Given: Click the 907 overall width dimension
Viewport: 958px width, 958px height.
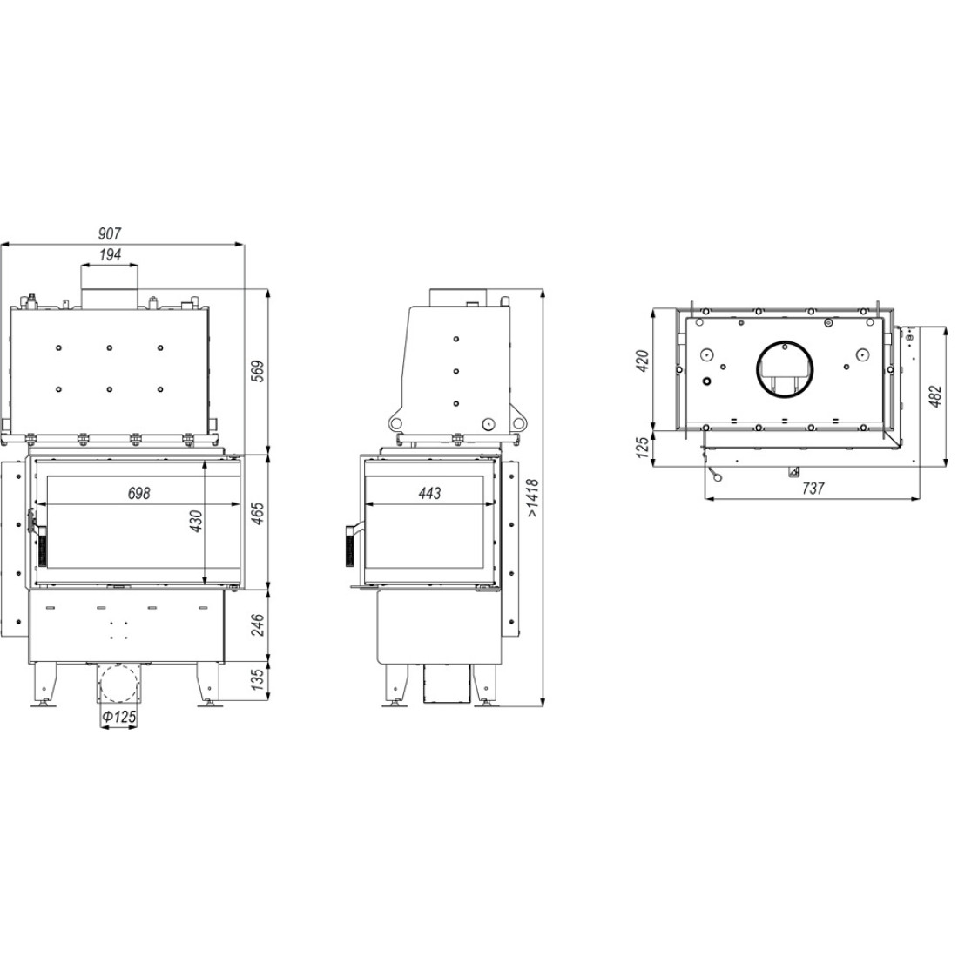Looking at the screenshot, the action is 110,233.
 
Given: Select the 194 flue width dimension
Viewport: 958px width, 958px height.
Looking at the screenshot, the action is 110,255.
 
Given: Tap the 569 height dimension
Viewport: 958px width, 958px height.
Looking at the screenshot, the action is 259,372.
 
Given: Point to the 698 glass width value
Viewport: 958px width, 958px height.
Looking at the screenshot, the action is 138,493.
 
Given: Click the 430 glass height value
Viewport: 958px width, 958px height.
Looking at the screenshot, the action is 196,521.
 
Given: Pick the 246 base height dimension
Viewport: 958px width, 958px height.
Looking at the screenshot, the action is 259,624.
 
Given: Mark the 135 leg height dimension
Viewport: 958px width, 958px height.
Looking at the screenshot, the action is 259,678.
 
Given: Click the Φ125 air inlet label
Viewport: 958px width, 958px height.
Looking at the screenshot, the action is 118,717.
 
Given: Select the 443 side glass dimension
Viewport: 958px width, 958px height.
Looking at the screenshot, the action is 429,493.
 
